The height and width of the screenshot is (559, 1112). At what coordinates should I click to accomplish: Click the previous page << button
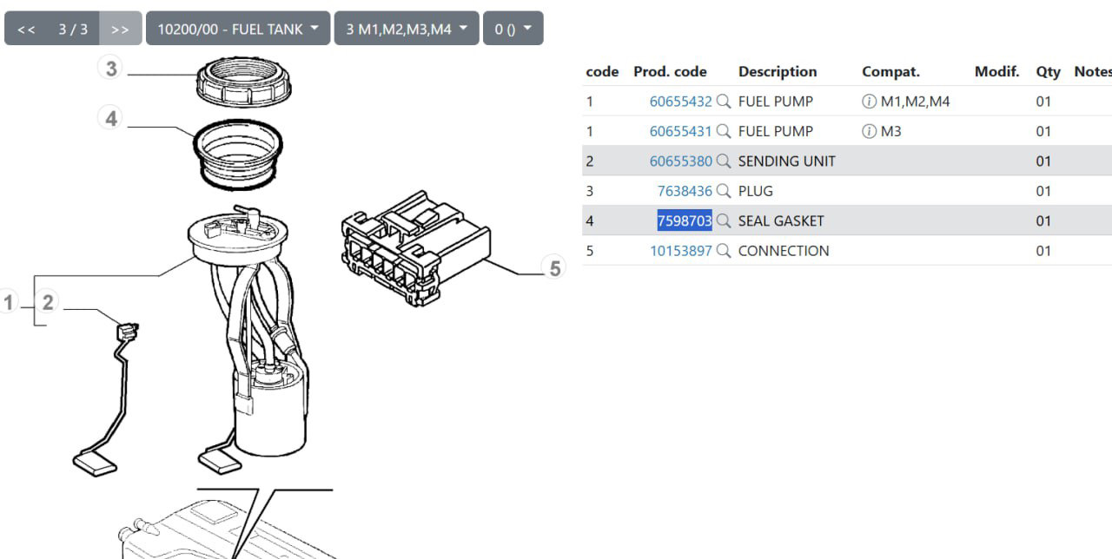tap(26, 29)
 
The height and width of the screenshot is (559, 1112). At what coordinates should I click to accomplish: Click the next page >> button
tap(120, 29)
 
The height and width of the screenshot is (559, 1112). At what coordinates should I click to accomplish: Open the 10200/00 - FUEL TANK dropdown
tap(238, 29)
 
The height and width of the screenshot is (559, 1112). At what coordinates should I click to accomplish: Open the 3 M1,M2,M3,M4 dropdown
tap(407, 29)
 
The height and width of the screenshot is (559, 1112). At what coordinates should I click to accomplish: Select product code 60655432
tap(680, 102)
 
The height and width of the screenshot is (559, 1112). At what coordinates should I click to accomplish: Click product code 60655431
tap(680, 131)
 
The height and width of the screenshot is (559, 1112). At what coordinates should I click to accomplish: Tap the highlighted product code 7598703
tap(685, 220)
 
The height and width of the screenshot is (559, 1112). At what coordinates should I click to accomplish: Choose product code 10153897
tap(681, 251)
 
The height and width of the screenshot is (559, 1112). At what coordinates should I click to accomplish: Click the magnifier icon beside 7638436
tap(724, 191)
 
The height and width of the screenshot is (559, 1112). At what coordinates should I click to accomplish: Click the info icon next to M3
tap(869, 131)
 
